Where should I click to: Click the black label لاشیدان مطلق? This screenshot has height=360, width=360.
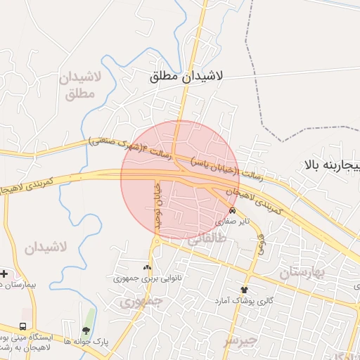186,77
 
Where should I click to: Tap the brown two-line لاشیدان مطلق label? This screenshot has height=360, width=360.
83,84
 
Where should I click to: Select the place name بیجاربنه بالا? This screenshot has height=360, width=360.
331,166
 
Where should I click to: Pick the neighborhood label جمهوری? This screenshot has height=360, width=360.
141,302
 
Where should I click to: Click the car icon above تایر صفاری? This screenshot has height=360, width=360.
233,211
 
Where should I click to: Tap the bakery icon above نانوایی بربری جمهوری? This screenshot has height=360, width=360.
147,267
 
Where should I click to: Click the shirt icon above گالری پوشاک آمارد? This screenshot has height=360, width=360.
244,289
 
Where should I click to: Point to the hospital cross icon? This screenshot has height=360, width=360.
4,273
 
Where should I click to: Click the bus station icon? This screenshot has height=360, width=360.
23,327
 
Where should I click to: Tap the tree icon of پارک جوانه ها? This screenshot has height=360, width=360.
86,330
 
